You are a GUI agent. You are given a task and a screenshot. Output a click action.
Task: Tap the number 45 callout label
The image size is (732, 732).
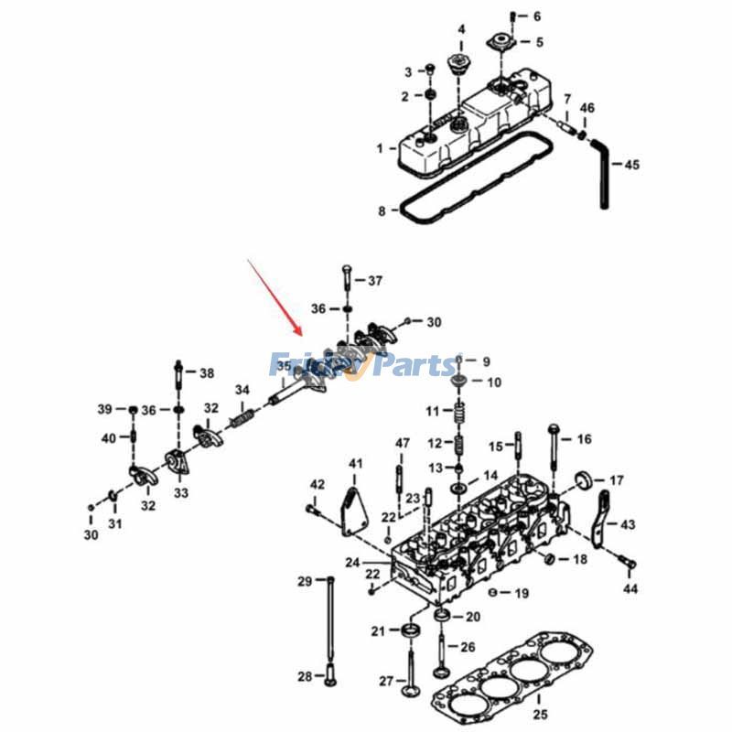point(631,166)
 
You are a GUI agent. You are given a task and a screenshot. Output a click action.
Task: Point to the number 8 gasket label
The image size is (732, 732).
point(382,211)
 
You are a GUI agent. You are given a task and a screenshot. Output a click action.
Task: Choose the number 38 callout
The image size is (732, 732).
point(207,373)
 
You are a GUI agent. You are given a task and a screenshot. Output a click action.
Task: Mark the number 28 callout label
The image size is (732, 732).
point(305,676)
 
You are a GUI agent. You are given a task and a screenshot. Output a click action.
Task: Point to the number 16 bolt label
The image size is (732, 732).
point(584,440)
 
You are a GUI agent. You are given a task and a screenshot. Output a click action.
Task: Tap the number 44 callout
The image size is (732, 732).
point(630,588)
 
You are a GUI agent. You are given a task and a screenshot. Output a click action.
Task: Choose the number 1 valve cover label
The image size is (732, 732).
point(380,147)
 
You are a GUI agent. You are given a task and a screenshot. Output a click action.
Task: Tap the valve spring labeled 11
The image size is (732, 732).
point(458,411)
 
